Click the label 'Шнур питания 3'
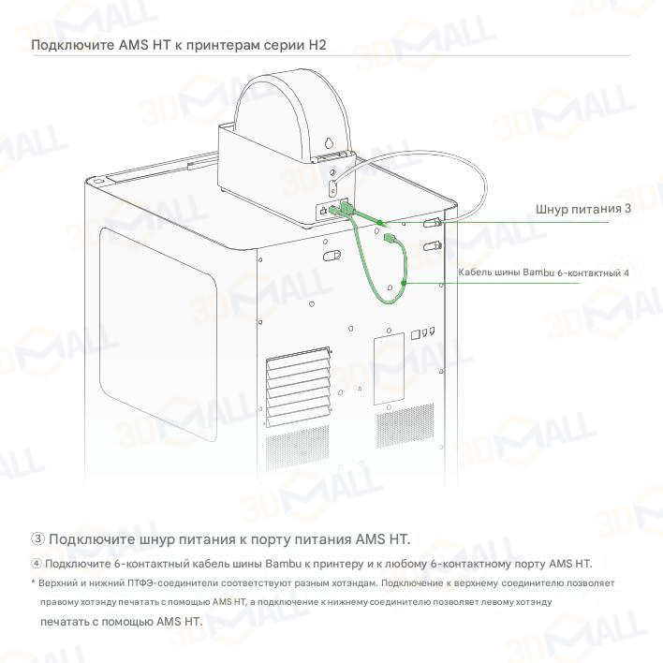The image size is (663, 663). tap(583, 209)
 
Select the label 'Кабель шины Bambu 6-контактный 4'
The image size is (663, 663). tap(543, 273)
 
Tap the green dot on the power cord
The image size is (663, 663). tap(379, 223)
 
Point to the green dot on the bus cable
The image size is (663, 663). tap(404, 283)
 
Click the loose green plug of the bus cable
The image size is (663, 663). tap(389, 238)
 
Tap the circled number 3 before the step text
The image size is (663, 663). tap(37, 538)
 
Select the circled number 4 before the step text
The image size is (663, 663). tap(37, 564)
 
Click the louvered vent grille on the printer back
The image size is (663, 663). tap(298, 386)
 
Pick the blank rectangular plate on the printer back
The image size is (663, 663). tap(389, 368)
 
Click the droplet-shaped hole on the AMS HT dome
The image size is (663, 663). tap(328, 143)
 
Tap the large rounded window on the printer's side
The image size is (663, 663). tap(158, 331)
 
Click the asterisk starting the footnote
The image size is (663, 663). tap(33, 582)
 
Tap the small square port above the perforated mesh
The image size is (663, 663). tap(415, 335)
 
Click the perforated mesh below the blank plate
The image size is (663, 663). tap(405, 425)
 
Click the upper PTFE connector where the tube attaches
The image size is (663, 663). tap(432, 223)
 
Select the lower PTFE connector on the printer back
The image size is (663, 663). tap(432, 245)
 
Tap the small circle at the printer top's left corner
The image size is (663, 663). tap(97, 181)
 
